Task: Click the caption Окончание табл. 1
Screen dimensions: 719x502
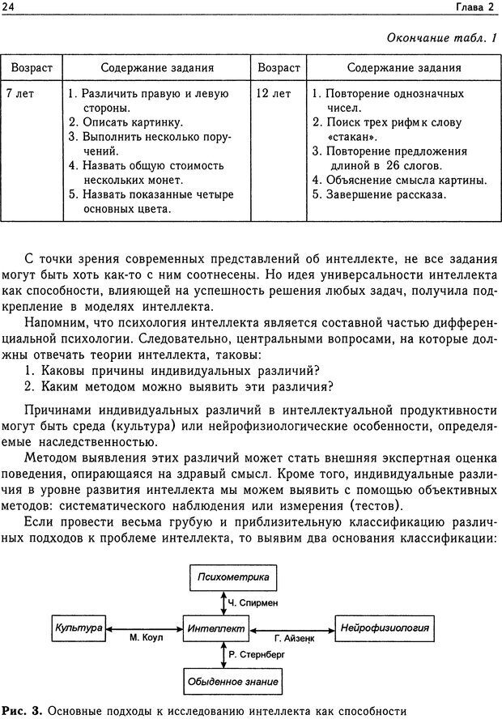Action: tap(442, 39)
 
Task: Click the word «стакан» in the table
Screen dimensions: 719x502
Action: tap(350, 137)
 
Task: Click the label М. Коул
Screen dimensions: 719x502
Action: tap(147, 638)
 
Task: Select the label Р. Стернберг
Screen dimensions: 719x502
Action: tap(256, 653)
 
